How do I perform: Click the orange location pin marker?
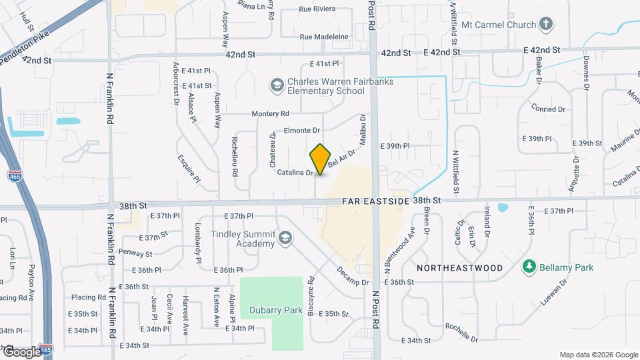point(321,159)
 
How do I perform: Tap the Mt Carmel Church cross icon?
point(546,25)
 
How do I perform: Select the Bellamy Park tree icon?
point(530,266)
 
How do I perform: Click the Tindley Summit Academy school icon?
point(285,238)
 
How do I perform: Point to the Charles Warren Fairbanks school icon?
point(276,85)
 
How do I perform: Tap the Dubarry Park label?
point(276,310)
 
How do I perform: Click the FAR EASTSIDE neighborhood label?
point(373,200)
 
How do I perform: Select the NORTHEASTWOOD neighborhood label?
point(459,267)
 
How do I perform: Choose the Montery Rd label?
point(270,114)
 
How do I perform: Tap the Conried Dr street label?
point(548,108)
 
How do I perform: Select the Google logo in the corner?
point(22,351)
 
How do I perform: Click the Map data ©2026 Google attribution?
point(598,355)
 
